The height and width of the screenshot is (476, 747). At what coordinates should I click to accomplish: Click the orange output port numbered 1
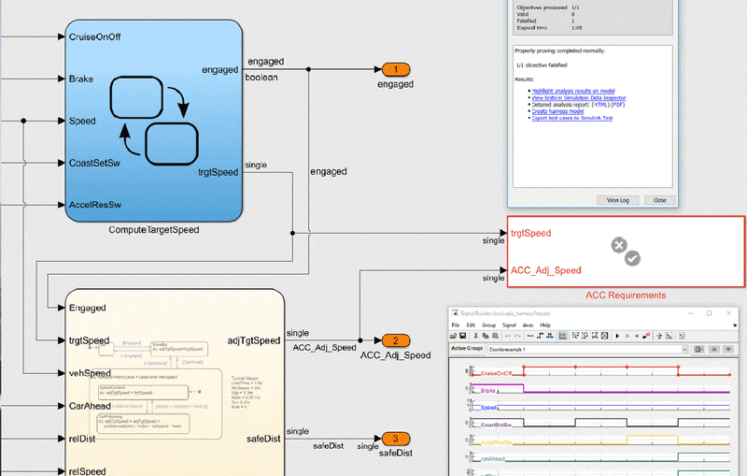(x=395, y=70)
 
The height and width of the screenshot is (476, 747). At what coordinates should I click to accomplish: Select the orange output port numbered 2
(x=395, y=341)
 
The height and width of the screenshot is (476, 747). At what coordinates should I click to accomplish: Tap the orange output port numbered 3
(x=395, y=440)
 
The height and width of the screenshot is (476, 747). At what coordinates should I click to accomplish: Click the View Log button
(x=618, y=200)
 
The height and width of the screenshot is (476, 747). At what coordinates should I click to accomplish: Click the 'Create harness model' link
(x=558, y=111)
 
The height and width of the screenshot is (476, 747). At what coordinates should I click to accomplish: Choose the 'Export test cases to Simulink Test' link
(x=571, y=119)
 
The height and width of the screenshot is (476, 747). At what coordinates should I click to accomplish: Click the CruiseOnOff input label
(x=95, y=37)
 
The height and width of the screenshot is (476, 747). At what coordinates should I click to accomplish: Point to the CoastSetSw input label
(x=95, y=163)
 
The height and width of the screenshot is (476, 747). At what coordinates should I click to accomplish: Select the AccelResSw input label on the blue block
(x=95, y=204)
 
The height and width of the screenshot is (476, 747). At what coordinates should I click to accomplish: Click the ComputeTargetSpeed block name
(x=154, y=230)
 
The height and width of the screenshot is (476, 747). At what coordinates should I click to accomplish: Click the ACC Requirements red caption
(x=626, y=296)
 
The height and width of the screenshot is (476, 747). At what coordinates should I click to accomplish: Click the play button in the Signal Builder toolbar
(x=617, y=336)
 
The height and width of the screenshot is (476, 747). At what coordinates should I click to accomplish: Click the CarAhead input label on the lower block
(x=91, y=406)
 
